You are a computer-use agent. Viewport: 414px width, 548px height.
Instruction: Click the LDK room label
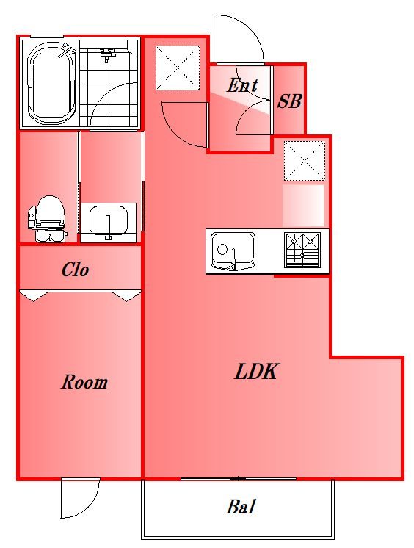pos(256,372)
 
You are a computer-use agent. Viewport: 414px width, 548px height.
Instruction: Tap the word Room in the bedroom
pos(84,382)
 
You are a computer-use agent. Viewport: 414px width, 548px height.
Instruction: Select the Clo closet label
pos(75,270)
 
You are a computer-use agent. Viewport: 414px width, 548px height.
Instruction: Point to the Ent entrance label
pos(242,85)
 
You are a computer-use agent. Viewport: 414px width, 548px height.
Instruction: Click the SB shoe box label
pos(290,101)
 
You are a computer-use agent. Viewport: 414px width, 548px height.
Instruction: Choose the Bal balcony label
pos(241,506)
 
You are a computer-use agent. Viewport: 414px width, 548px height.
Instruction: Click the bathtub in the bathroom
pos(51,83)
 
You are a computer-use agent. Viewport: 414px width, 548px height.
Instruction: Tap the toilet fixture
pos(48,219)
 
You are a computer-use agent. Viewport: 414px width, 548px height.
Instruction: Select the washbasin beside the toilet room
pos(109,223)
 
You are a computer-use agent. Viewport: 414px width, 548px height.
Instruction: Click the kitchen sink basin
pos(233,252)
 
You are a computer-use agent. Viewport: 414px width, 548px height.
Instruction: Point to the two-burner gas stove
pos(302,250)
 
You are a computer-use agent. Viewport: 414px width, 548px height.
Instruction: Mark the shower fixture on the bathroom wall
pos(106,54)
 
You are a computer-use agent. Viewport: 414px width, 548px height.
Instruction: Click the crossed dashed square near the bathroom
pos(177,68)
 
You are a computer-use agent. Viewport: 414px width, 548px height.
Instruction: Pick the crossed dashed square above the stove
pos(305,161)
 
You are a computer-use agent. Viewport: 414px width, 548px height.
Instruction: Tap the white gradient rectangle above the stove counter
pos(303,206)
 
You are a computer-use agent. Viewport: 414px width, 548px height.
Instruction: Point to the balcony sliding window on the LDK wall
pos(239,479)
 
